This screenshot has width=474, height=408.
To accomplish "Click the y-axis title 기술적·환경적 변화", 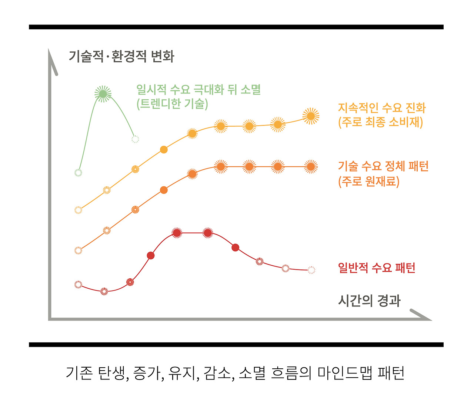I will (121, 56).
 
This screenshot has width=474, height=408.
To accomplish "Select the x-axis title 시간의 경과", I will (369, 301).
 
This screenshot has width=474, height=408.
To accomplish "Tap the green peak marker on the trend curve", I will (103, 93).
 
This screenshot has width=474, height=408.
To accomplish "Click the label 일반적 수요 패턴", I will (377, 268).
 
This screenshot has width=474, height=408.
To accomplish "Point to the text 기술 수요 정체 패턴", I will (383, 166).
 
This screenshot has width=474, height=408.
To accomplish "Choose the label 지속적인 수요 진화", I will (382, 108).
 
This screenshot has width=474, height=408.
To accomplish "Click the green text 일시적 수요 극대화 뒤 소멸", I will (199, 89).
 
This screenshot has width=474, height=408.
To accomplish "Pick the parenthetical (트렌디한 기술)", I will (172, 104).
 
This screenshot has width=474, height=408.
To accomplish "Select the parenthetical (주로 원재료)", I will (369, 181).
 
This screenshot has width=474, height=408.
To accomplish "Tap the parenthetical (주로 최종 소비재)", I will (380, 122).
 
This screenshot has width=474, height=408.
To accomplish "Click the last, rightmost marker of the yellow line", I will (311, 116).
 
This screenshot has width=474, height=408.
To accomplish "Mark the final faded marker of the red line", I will (311, 270).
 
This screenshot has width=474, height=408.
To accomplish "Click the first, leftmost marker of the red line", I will (78, 285).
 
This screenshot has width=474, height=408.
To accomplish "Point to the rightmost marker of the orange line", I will (311, 167).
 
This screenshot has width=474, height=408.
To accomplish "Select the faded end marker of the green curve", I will (135, 139).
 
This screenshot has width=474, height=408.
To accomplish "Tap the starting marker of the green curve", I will (78, 173).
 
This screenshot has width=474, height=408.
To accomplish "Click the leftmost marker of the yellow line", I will (78, 210).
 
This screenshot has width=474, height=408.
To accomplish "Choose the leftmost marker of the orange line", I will (78, 251).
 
